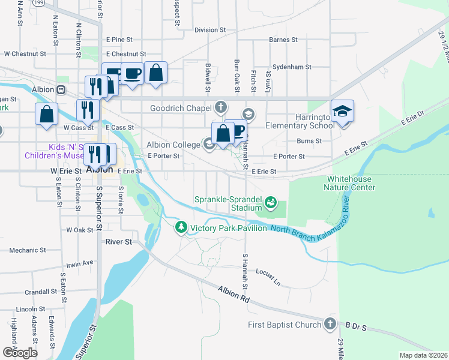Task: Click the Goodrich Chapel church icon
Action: tap(221, 107)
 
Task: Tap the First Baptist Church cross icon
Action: tap(329, 324)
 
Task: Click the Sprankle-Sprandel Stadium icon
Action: tap(271, 203)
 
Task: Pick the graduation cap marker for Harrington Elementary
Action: tap(342, 111)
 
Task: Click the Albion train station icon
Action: tap(61, 89)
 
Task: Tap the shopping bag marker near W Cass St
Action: tap(46, 114)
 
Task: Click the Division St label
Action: tap(209, 29)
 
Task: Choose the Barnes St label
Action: tap(283, 40)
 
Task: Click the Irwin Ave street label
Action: tap(79, 263)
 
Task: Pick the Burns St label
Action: tap(309, 141)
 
